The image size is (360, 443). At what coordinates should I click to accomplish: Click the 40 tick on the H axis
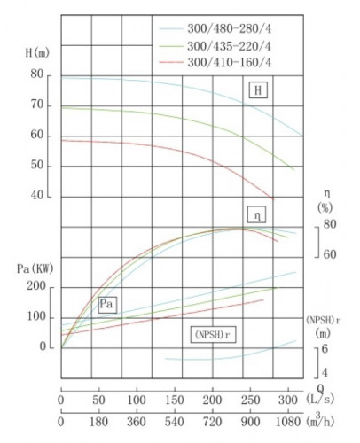click(36, 196)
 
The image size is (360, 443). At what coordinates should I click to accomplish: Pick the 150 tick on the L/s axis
click(175, 400)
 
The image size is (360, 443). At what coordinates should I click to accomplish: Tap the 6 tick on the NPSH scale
click(325, 350)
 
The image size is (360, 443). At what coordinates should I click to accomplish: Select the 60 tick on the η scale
click(330, 254)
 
